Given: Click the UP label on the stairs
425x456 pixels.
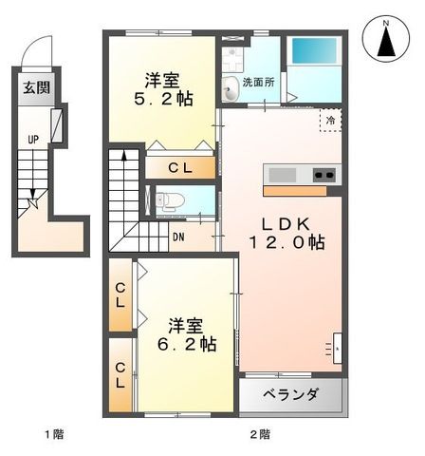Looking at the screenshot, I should [x=33, y=140].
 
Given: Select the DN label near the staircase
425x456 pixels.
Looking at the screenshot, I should [x=178, y=237].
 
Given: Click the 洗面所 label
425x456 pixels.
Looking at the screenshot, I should [x=258, y=83].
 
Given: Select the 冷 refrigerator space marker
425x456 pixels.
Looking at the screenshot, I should [x=330, y=122].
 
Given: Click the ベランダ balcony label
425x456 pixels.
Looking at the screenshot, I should [x=291, y=394].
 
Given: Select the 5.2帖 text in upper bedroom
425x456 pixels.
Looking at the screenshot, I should [x=162, y=98].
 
